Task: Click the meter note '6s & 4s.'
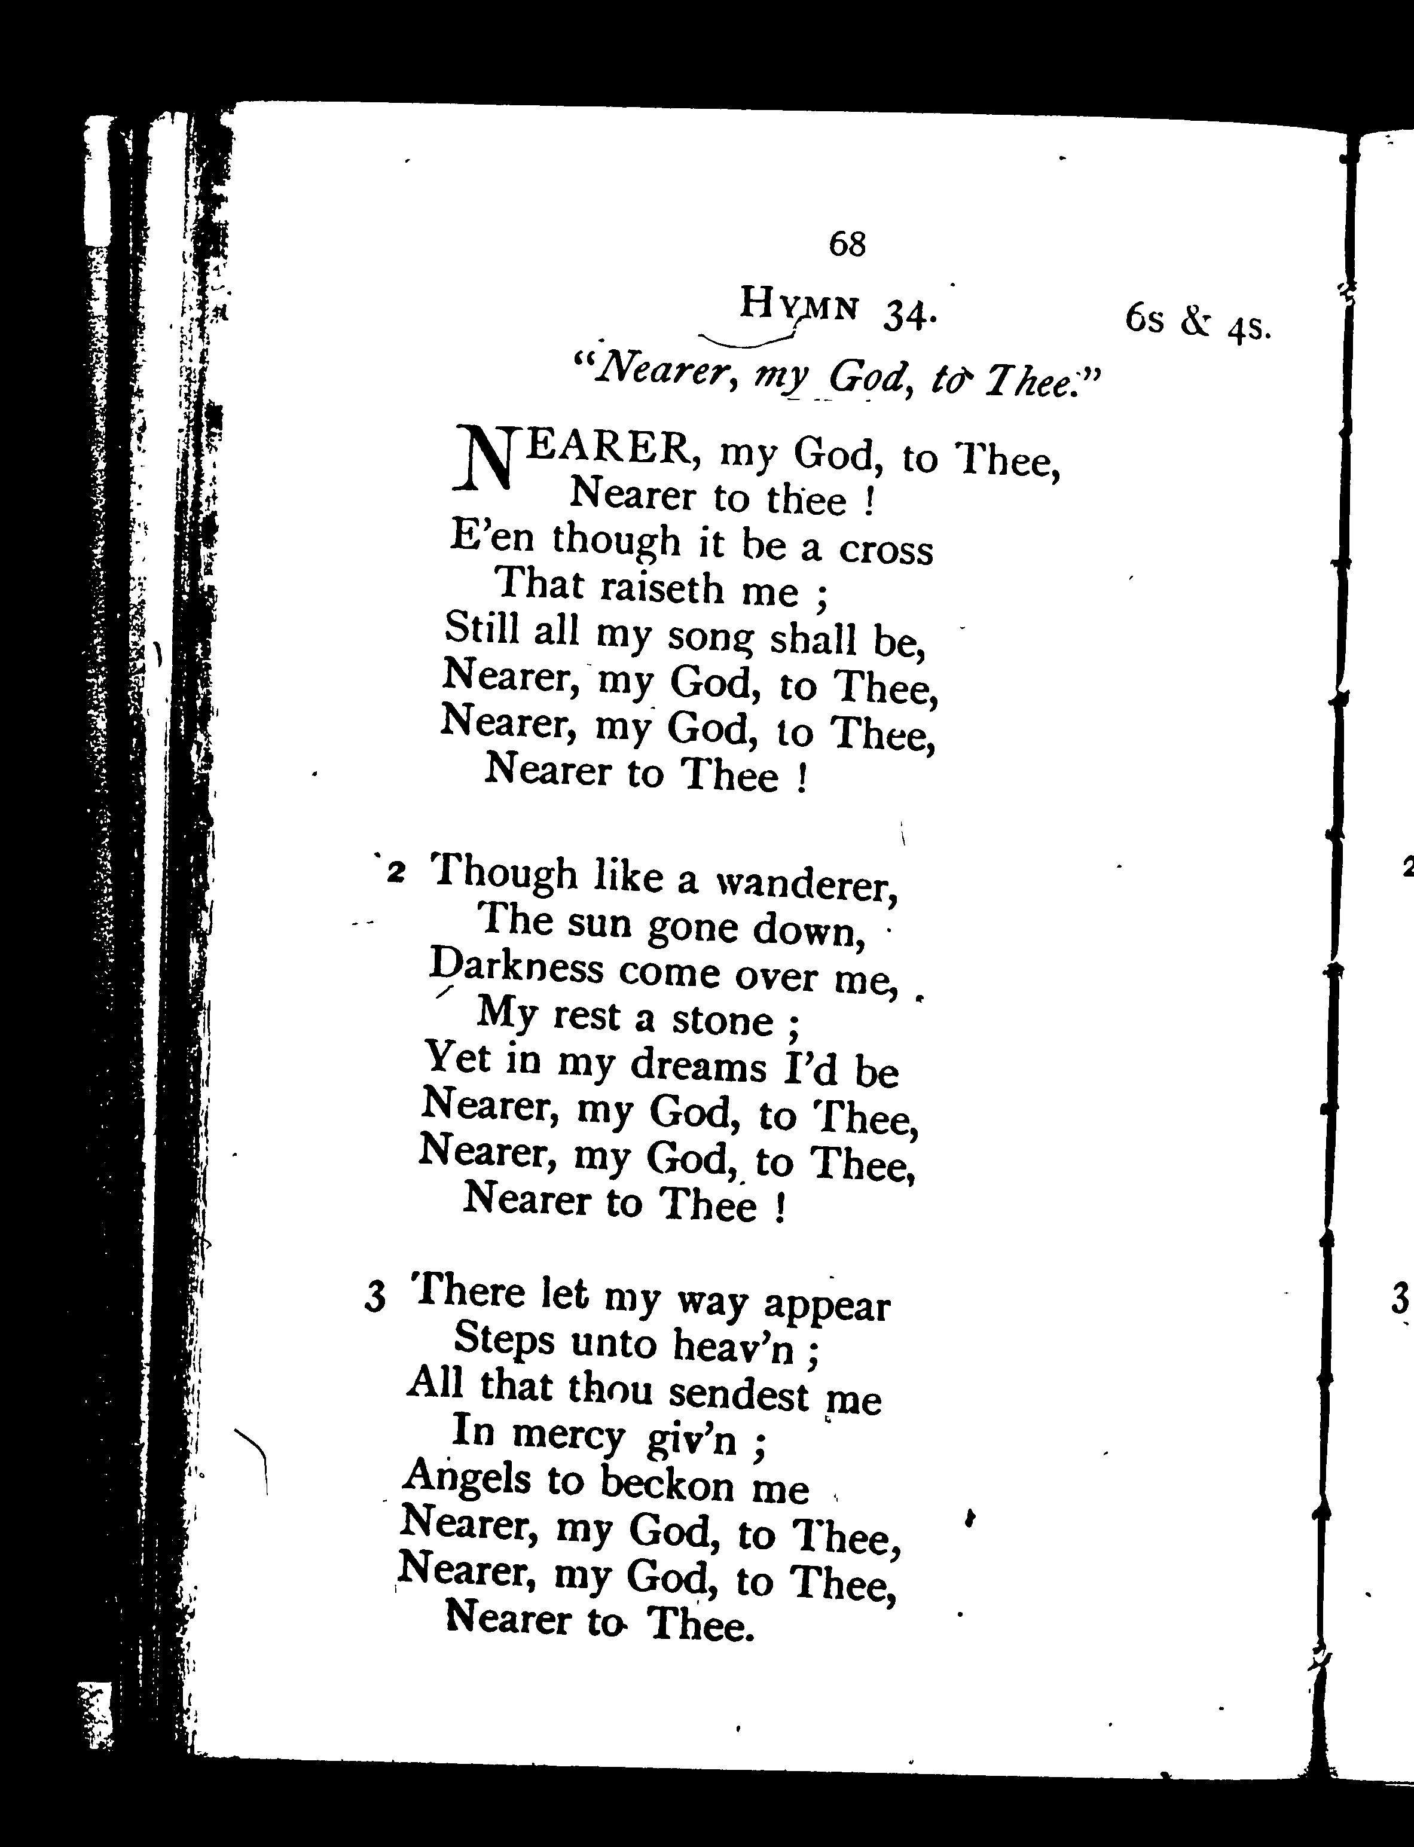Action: click(x=1196, y=322)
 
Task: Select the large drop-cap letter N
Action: click(x=484, y=459)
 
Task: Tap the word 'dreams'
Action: click(x=698, y=1067)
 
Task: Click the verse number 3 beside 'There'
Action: click(x=375, y=1298)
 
